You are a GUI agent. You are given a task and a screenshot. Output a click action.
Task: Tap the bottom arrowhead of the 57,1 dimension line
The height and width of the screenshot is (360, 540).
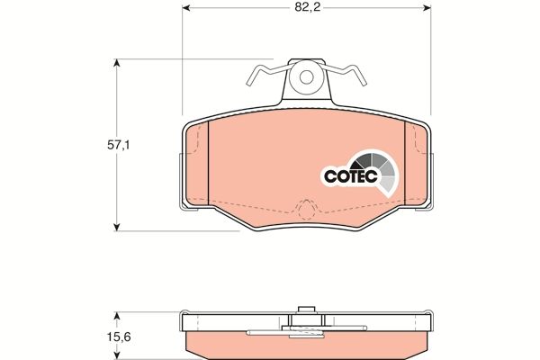point(116,225)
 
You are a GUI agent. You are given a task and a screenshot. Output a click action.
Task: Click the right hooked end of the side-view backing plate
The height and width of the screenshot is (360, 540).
point(430,324)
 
